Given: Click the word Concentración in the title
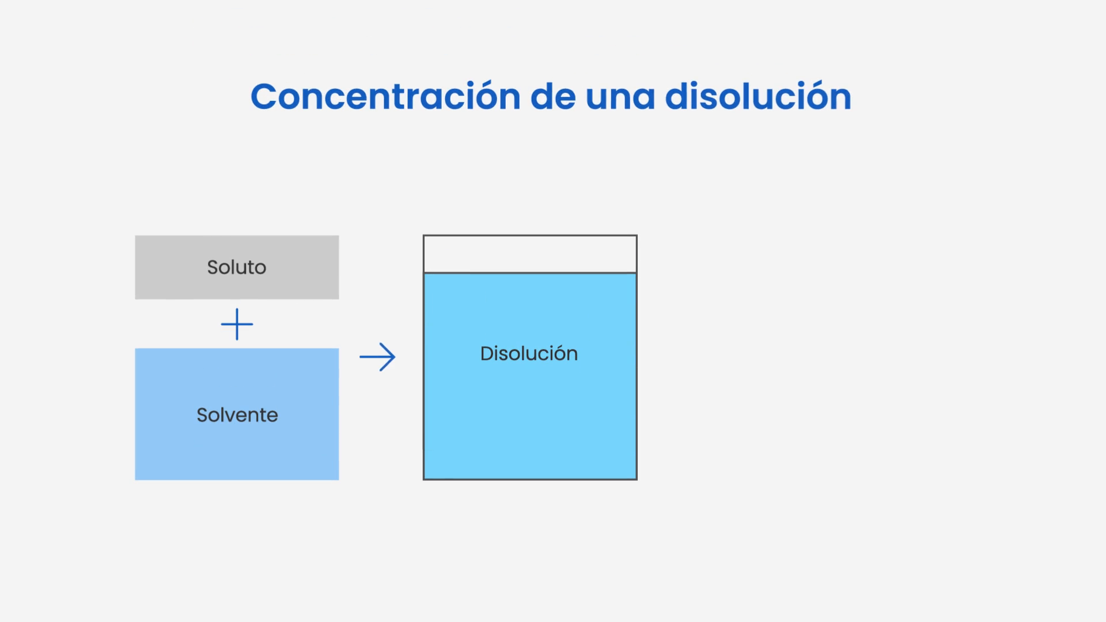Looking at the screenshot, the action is (x=385, y=96).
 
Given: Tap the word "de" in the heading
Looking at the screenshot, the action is (x=553, y=96).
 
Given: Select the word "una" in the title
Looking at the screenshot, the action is (x=620, y=99).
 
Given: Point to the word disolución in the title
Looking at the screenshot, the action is (x=758, y=96).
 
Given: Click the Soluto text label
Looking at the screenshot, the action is (x=237, y=267).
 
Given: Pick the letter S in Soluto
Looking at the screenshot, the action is (x=213, y=267).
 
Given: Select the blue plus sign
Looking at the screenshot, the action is (x=237, y=324).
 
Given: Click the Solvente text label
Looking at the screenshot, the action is (x=237, y=415).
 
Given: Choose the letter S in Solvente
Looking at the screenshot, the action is (x=203, y=415).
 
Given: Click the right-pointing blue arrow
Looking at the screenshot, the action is (x=377, y=357).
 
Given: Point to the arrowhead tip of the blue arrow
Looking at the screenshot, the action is (x=395, y=357).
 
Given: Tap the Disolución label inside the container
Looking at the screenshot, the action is (x=529, y=353).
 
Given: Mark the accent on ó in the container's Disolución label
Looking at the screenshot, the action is (x=556, y=346).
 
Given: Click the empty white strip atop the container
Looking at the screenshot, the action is (x=530, y=254).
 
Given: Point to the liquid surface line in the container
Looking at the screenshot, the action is (x=530, y=272).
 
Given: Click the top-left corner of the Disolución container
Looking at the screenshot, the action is (x=424, y=236).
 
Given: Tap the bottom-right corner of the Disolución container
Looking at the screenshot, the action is (x=637, y=479).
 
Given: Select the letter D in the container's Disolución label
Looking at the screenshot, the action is (x=487, y=354).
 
